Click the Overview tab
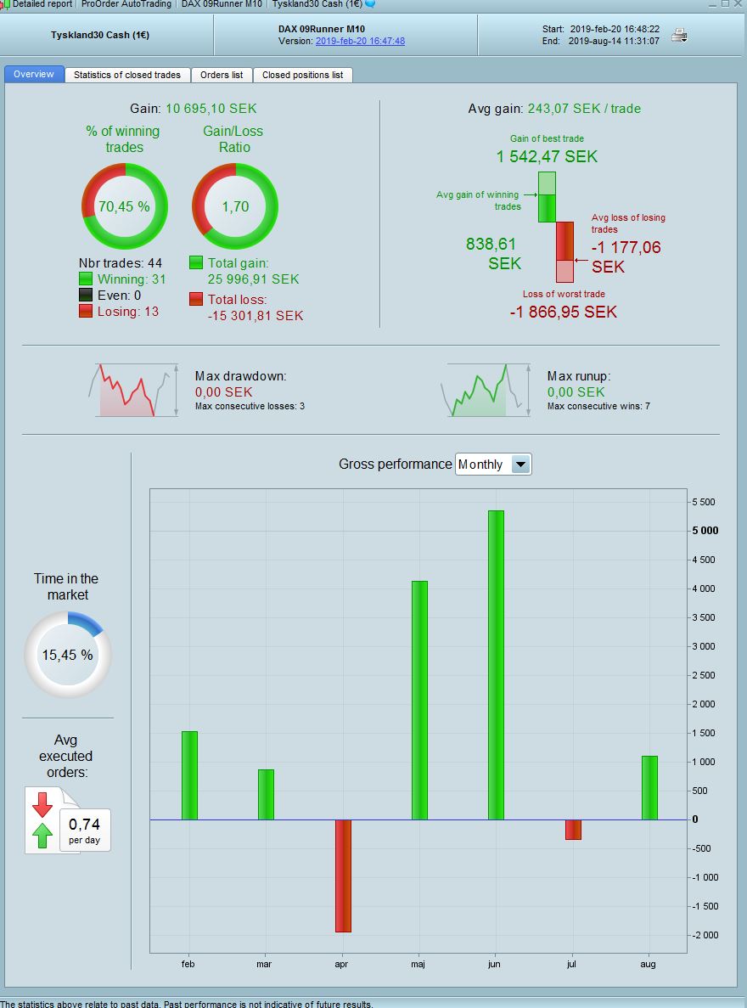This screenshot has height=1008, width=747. tap(34, 75)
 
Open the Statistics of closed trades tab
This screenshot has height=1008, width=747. tap(127, 75)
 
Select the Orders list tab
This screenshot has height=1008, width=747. tap(222, 75)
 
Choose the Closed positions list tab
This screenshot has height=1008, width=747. tap(302, 75)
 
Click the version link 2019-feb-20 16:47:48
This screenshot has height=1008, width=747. tap(360, 41)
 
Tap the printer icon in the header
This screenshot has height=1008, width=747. tap(679, 35)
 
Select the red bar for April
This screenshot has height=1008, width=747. tap(343, 875)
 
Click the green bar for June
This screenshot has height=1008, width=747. tap(496, 664)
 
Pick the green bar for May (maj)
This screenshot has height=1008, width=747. tap(419, 700)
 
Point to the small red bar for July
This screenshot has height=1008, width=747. tap(573, 830)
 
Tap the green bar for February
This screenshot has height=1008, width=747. tap(189, 774)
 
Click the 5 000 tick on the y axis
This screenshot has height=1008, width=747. tap(705, 531)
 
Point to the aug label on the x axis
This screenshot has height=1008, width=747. tap(649, 964)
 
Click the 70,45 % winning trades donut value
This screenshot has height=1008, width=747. tap(124, 206)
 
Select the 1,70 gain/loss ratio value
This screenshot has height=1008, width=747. tap(235, 206)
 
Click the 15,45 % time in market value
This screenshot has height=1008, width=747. tap(68, 655)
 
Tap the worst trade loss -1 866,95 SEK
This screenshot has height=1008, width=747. tap(563, 312)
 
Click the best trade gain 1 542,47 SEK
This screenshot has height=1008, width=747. tap(547, 156)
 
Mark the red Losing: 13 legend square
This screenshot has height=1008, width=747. tap(86, 312)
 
